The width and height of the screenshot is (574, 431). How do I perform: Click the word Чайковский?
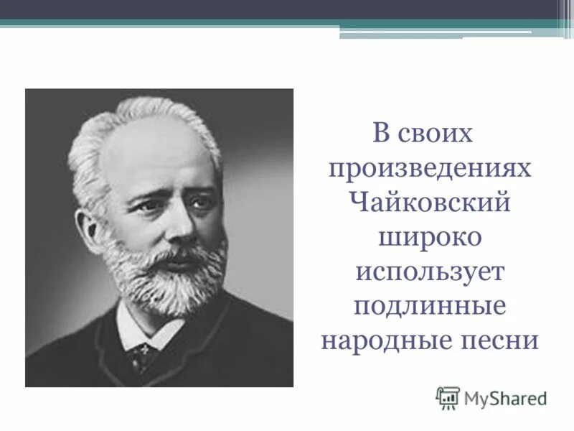tap(430, 203)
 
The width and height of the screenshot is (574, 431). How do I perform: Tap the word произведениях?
tap(430, 169)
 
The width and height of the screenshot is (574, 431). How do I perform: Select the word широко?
tap(430, 238)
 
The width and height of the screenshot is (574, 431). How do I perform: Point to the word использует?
tap(430, 272)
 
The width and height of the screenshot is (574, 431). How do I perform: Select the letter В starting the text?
tap(381, 134)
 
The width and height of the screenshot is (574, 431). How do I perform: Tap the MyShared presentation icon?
tap(448, 397)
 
